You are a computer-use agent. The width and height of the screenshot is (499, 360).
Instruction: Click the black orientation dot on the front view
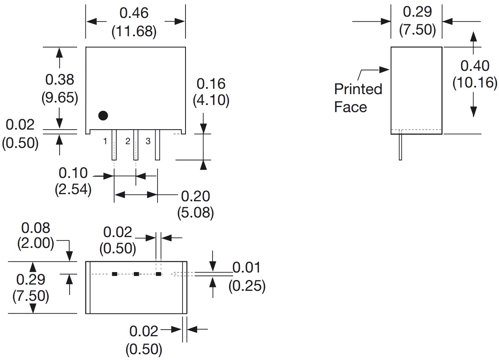click(x=103, y=115)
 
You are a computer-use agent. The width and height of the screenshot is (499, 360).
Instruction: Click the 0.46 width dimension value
click(x=134, y=13)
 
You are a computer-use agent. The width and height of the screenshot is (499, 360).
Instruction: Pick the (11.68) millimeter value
click(x=134, y=32)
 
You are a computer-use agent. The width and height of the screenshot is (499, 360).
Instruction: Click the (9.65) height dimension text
click(x=60, y=97)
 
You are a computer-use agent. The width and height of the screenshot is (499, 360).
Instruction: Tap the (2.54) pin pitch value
click(x=73, y=190)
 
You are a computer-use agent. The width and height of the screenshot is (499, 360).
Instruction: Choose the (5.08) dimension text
click(x=196, y=213)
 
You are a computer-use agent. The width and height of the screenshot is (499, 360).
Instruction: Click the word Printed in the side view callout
click(x=358, y=89)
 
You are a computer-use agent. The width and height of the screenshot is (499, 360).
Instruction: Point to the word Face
click(x=351, y=107)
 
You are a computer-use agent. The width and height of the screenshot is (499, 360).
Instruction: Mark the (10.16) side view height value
click(x=475, y=83)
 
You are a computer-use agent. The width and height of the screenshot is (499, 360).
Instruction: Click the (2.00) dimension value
click(x=35, y=244)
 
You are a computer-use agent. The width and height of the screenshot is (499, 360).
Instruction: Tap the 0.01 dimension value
click(x=246, y=268)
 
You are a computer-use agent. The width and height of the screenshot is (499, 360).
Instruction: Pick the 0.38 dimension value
click(x=60, y=79)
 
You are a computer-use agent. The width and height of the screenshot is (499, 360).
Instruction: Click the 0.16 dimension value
click(x=211, y=84)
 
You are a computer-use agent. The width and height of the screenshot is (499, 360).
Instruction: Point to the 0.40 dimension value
click(x=475, y=65)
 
